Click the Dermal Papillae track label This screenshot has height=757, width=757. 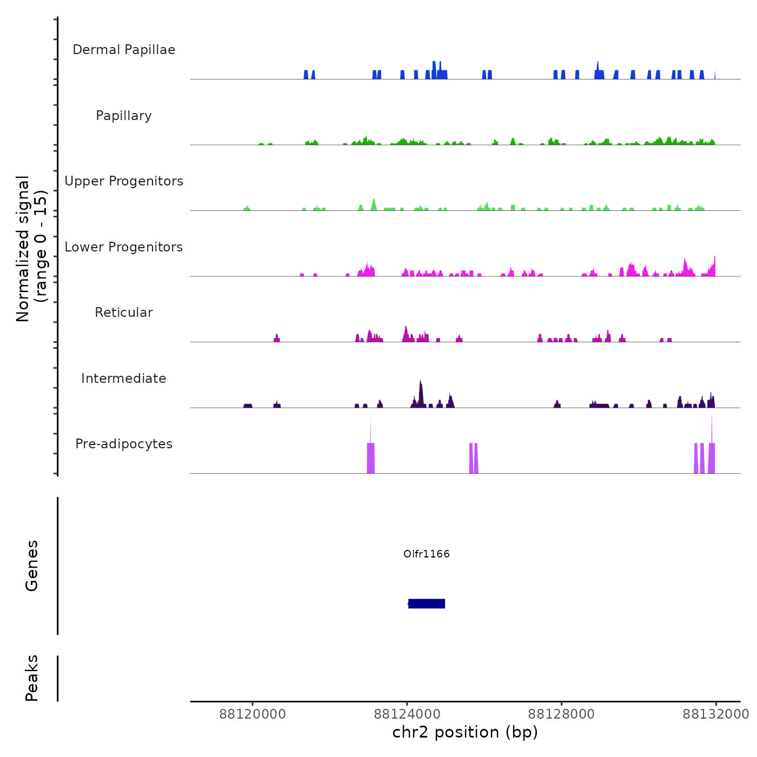click(x=124, y=50)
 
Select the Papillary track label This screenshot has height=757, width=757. click(x=124, y=116)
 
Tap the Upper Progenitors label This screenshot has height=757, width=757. click(x=124, y=181)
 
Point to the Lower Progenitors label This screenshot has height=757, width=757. click(x=124, y=247)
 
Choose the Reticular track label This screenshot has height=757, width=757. click(x=124, y=313)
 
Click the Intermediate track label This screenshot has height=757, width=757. click(x=124, y=378)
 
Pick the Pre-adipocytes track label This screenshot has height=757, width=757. click(x=124, y=444)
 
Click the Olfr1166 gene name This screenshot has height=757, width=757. click(x=427, y=554)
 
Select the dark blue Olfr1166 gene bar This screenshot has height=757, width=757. click(x=427, y=603)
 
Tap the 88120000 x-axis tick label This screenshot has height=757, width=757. click(x=253, y=714)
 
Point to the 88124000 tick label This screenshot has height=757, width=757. click(x=407, y=714)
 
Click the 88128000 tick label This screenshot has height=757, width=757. click(x=561, y=714)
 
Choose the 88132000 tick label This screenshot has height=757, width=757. click(x=716, y=714)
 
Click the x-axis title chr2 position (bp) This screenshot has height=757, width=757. click(x=465, y=732)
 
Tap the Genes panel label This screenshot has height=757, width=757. click(x=32, y=566)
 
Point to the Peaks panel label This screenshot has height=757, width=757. click(x=32, y=678)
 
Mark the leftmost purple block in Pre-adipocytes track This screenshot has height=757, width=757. click(x=371, y=457)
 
